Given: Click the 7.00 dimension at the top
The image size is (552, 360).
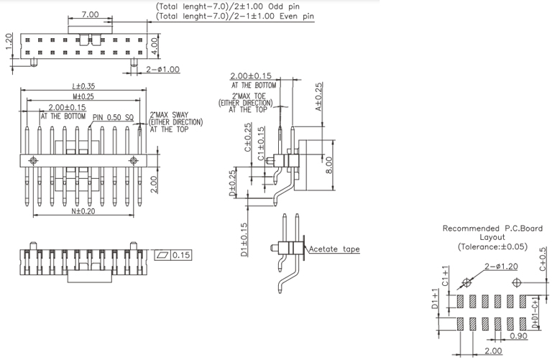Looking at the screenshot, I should (90, 14).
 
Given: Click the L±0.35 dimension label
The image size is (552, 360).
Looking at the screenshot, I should (82, 87).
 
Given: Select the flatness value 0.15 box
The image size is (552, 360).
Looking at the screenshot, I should (180, 255).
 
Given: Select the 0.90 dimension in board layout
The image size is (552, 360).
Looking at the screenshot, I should (518, 336).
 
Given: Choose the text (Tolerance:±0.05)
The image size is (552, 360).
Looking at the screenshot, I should (492, 246).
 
